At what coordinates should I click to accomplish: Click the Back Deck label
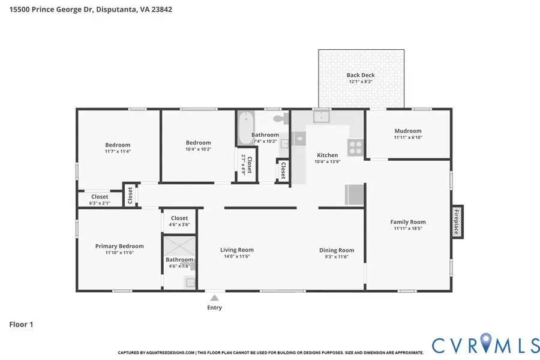pyautogui.click(x=361, y=75)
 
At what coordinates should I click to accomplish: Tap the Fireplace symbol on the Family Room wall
pyautogui.click(x=457, y=221)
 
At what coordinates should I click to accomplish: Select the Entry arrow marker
pyautogui.click(x=214, y=297)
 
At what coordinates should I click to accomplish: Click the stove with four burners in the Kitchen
pyautogui.click(x=355, y=147)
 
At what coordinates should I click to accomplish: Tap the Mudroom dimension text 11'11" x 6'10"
pyautogui.click(x=407, y=138)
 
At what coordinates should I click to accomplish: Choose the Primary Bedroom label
pyautogui.click(x=119, y=246)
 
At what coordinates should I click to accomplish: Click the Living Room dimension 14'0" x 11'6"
pyautogui.click(x=236, y=256)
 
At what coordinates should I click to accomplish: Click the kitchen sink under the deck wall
pyautogui.click(x=321, y=116)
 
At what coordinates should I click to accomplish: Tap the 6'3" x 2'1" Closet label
pyautogui.click(x=100, y=197)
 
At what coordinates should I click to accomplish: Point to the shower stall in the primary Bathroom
pyautogui.click(x=179, y=247)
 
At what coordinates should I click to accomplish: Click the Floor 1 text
pyautogui.click(x=21, y=325)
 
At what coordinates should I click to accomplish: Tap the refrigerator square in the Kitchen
pyautogui.click(x=354, y=194)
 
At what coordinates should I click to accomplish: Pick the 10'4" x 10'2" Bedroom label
pyautogui.click(x=198, y=143)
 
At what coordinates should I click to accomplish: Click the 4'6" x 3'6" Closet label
pyautogui.click(x=179, y=218)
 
